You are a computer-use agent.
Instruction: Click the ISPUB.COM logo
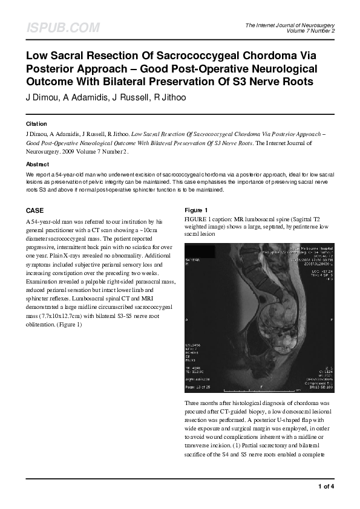(x=63, y=28)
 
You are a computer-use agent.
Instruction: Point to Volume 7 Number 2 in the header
(x=310, y=31)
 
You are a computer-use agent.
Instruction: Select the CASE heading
(x=34, y=211)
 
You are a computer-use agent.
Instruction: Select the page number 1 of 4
(x=326, y=486)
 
